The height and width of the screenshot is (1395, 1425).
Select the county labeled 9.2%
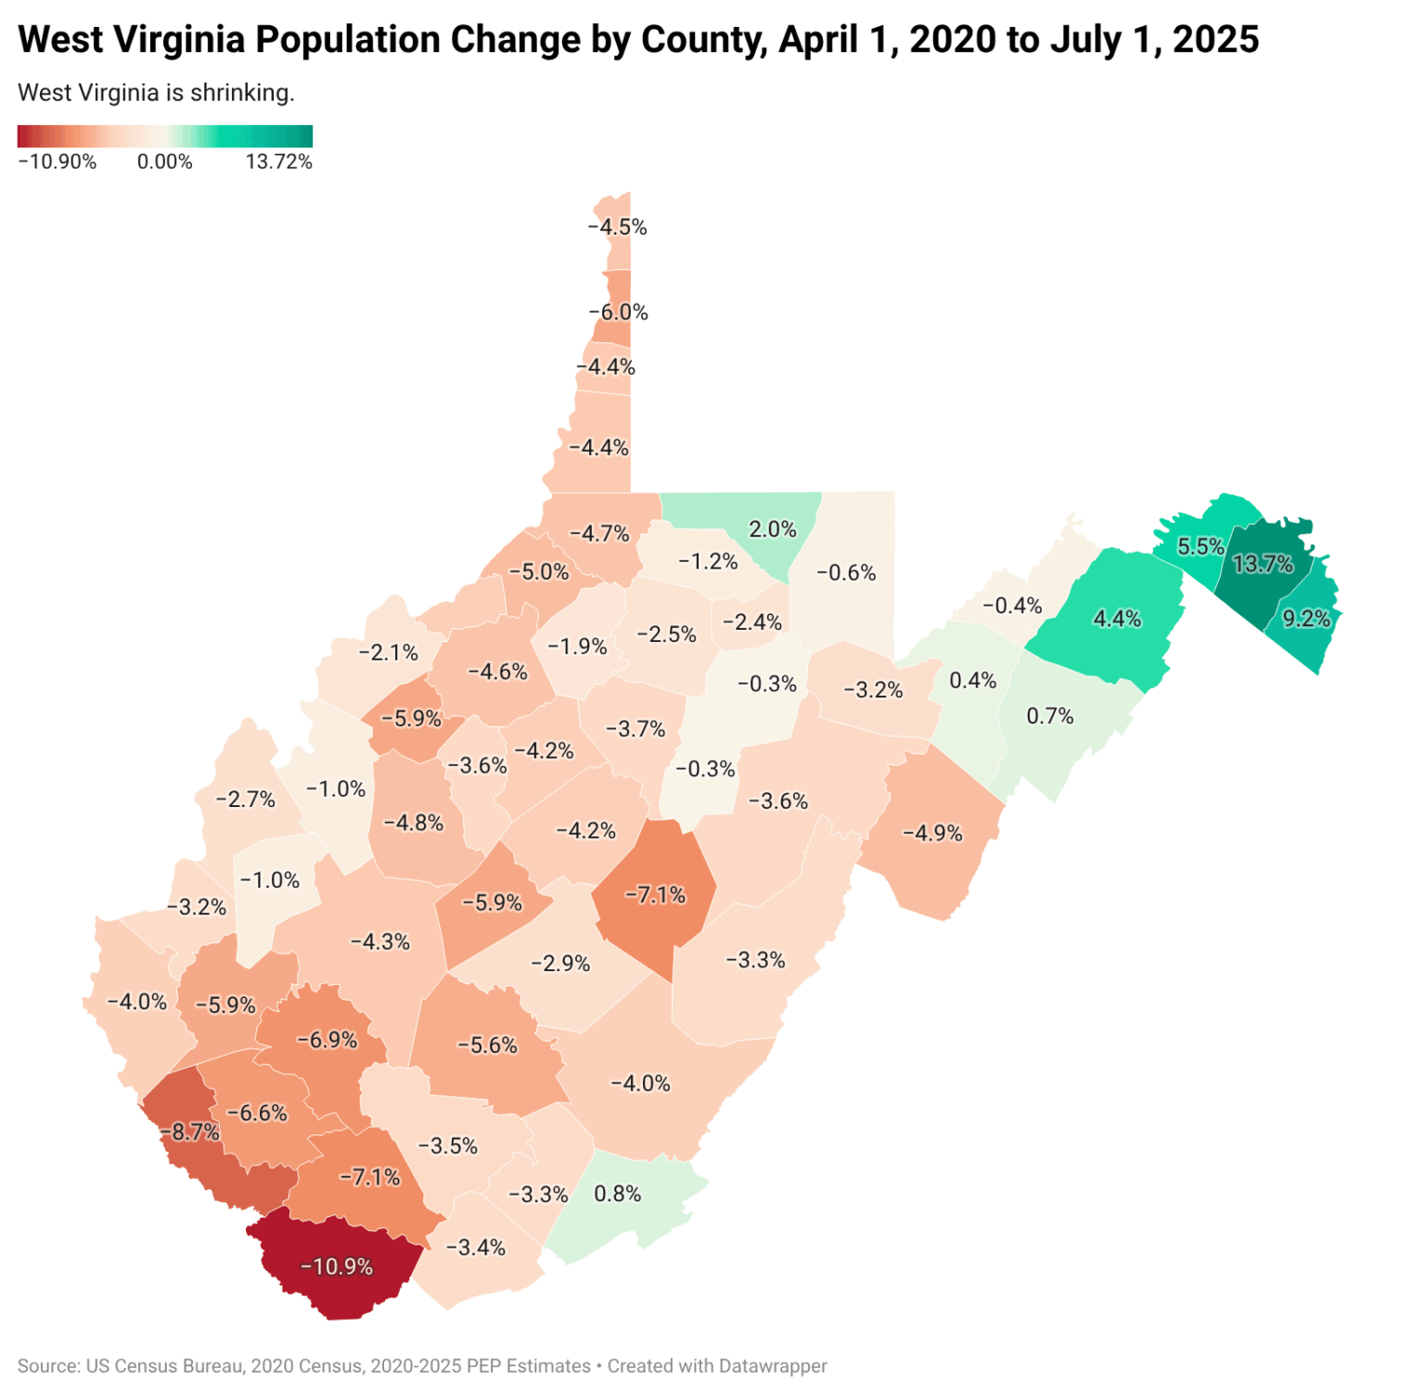coord(1306,619)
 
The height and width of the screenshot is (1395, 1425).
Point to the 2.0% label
coord(773,530)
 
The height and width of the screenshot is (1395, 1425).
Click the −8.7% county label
coord(191,1132)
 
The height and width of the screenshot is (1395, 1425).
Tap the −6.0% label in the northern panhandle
coord(619,313)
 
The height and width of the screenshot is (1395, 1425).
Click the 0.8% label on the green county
coord(618,1194)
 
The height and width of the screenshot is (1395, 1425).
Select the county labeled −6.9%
coord(327,1040)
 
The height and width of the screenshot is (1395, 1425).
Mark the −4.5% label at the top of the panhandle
coord(618,227)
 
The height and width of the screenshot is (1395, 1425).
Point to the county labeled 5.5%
coord(1200,546)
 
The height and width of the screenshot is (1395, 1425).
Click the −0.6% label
coord(846,573)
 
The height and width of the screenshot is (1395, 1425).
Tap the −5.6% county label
coord(487,1046)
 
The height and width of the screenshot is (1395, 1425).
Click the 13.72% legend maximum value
coord(278,162)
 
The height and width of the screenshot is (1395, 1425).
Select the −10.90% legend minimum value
coord(58,162)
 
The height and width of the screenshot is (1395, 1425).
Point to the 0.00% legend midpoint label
coord(164,162)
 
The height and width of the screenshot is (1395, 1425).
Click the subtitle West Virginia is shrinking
coord(156,93)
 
